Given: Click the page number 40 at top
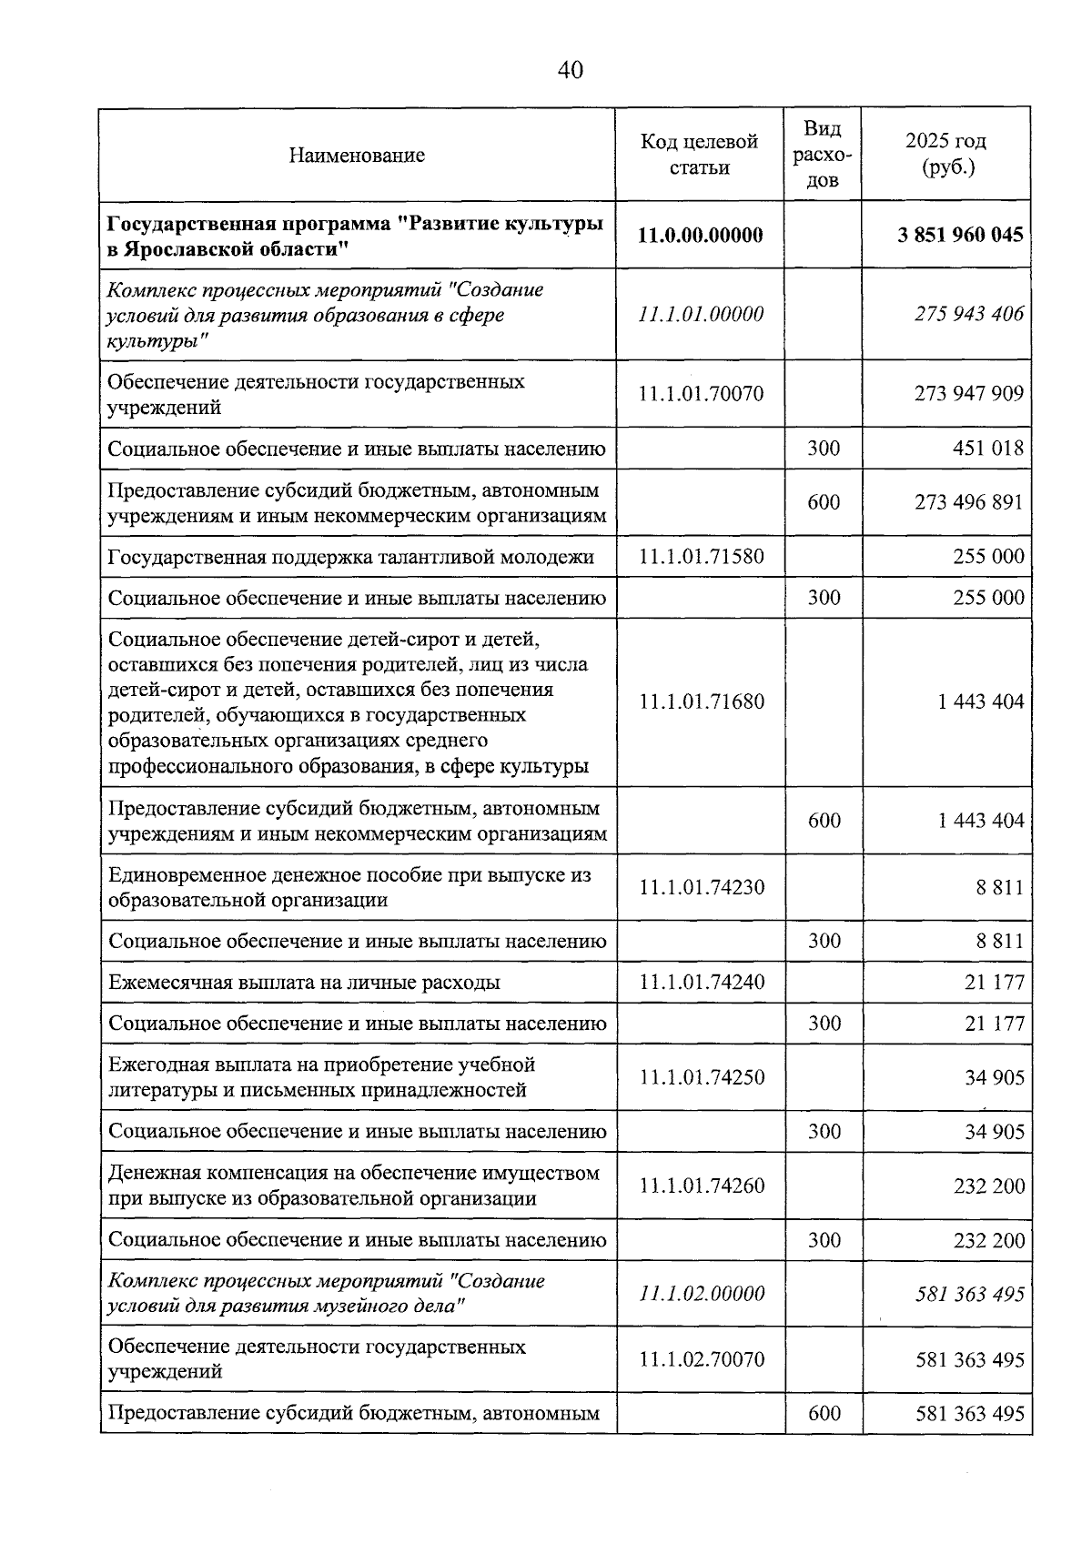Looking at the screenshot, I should [571, 70].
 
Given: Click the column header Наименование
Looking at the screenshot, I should [357, 155].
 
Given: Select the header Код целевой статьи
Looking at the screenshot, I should [699, 155].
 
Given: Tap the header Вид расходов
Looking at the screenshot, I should [823, 155].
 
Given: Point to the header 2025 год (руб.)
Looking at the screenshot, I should [946, 155].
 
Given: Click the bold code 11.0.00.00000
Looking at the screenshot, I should [700, 235].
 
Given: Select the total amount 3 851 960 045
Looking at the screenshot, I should [960, 235].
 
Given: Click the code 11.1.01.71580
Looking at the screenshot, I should [701, 556].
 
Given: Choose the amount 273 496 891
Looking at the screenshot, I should [969, 502].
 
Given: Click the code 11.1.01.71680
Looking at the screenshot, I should [701, 701].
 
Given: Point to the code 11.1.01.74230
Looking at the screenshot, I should [701, 887].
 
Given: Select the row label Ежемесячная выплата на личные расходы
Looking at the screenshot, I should [304, 983].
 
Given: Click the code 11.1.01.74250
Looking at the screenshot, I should [701, 1077].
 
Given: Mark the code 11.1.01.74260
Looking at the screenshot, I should [701, 1186].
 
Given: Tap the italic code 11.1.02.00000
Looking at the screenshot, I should [701, 1294].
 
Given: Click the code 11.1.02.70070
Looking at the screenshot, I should [701, 1359].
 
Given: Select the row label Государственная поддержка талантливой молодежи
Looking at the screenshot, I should [351, 557].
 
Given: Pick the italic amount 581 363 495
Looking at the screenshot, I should [969, 1294].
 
